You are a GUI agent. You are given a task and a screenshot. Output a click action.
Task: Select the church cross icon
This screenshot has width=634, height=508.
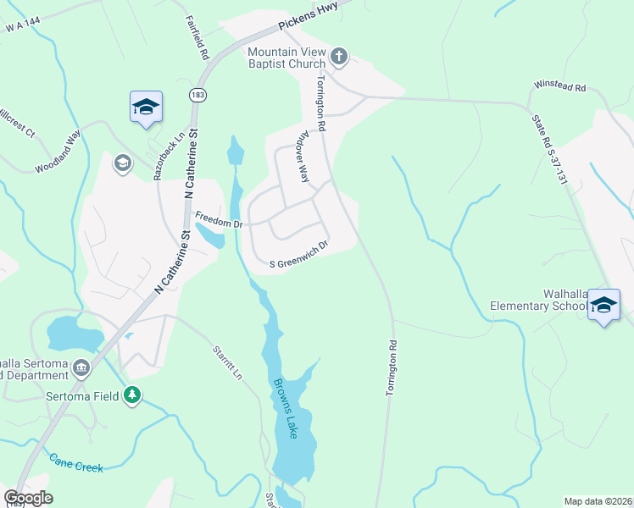[338, 57]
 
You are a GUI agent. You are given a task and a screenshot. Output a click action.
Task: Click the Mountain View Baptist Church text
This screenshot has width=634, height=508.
[286, 58]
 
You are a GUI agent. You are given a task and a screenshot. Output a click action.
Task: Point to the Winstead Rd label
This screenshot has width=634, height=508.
[560, 87]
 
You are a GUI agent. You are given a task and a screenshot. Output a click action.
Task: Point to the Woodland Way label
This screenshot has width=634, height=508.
[58, 152]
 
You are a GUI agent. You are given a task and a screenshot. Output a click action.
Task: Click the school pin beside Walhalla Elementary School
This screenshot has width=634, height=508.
[603, 304]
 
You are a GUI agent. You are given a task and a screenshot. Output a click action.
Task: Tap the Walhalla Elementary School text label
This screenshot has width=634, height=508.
[539, 300]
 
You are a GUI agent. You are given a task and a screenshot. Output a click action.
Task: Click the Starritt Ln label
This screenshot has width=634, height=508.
[227, 363]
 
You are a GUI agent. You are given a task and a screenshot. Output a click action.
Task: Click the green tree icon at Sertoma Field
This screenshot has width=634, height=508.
[131, 395]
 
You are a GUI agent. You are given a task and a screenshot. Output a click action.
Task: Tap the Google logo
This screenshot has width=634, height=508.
[28, 498]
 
